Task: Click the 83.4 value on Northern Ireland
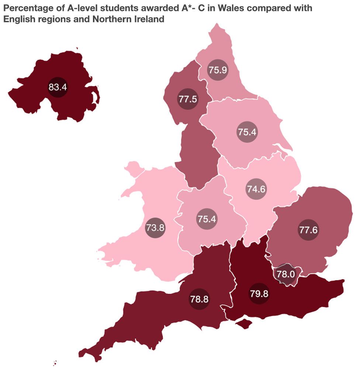pyautogui.click(x=58, y=87)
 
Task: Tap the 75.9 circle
pyautogui.click(x=217, y=70)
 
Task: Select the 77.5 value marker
pyautogui.click(x=187, y=99)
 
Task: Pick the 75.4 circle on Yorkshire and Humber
pyautogui.click(x=247, y=132)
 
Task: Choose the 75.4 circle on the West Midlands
pyautogui.click(x=207, y=219)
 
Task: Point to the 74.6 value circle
pyautogui.click(x=256, y=189)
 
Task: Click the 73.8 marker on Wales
pyautogui.click(x=155, y=227)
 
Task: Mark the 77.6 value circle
pyautogui.click(x=308, y=230)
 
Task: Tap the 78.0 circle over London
pyautogui.click(x=286, y=274)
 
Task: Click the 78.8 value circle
pyautogui.click(x=199, y=299)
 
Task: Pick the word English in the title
pyautogui.click(x=18, y=19)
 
